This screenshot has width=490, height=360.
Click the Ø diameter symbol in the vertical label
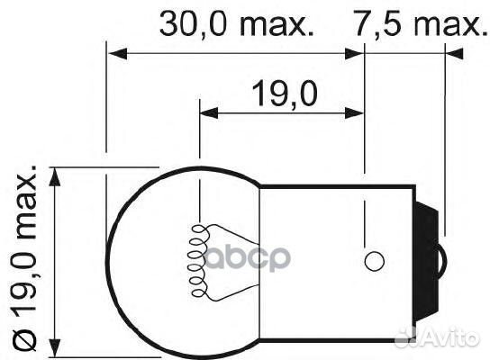[x=25, y=339]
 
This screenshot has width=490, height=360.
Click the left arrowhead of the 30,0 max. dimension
[x=113, y=52]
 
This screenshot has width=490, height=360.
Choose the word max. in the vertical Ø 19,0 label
[x=25, y=198]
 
